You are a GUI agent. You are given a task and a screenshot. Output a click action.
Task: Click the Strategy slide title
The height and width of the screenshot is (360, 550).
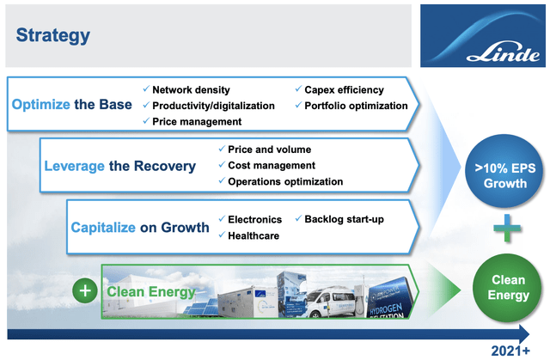[52, 35]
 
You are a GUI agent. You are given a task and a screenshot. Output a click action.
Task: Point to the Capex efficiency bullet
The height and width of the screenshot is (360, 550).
[344, 89]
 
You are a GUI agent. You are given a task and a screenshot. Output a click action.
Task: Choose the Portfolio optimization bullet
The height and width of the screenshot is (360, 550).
[356, 106]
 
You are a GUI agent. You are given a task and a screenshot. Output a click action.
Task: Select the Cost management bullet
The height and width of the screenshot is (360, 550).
[272, 165]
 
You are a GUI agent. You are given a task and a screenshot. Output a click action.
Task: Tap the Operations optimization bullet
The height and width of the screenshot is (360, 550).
[285, 181]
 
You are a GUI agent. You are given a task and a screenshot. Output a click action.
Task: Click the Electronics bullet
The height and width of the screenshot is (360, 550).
[257, 219]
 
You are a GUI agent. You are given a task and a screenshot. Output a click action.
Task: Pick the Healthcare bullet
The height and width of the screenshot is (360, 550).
[253, 235]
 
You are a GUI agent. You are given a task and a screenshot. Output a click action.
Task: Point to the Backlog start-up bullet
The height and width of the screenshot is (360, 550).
[344, 219]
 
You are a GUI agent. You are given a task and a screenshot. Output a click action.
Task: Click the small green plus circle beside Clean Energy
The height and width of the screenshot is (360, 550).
[85, 290]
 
